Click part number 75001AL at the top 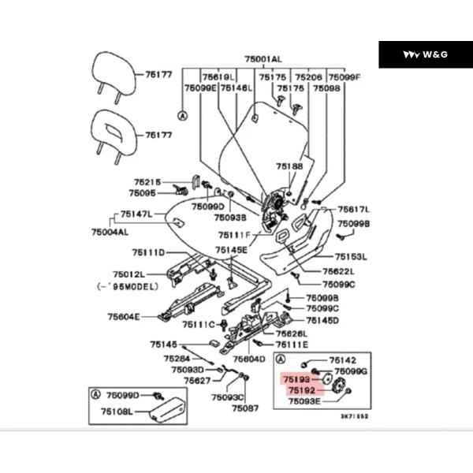263,59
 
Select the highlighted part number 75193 299,379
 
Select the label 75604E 124,316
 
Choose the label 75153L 352,256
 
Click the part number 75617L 354,210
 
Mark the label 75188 289,167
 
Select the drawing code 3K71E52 354,416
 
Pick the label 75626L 293,334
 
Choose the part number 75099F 344,77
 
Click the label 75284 177,359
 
